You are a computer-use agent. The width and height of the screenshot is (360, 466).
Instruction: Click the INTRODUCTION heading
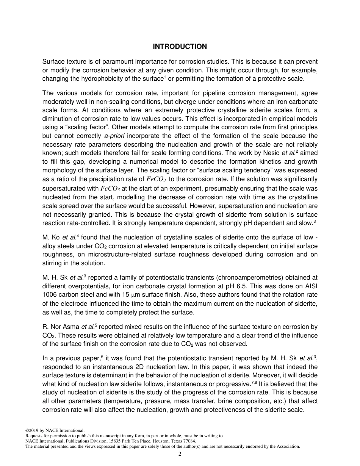click(x=180, y=47)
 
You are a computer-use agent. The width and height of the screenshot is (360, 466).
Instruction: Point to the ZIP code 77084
click(x=189, y=441)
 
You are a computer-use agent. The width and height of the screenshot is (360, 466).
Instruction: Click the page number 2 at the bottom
click(x=180, y=455)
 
